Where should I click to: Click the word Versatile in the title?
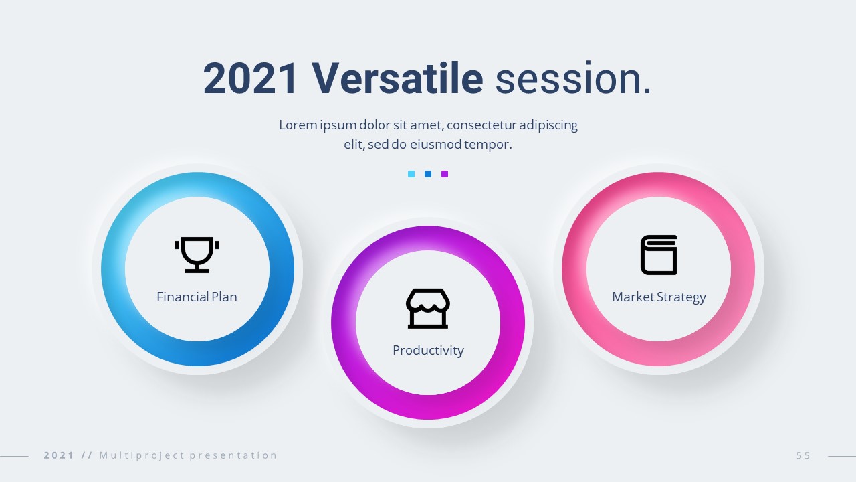pyautogui.click(x=397, y=78)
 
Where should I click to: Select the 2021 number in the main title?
pyautogui.click(x=249, y=78)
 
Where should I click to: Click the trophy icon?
pyautogui.click(x=197, y=255)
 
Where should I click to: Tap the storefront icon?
pyautogui.click(x=428, y=309)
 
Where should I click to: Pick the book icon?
pyautogui.click(x=659, y=255)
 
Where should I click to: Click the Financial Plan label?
pyautogui.click(x=197, y=297)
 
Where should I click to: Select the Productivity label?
pyautogui.click(x=428, y=350)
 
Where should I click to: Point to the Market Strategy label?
pyautogui.click(x=659, y=297)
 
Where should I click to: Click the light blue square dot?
pyautogui.click(x=411, y=174)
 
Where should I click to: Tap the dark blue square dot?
pyautogui.click(x=428, y=174)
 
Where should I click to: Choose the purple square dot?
pyautogui.click(x=445, y=174)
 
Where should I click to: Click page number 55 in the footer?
pyautogui.click(x=803, y=455)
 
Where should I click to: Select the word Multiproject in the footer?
pyautogui.click(x=142, y=455)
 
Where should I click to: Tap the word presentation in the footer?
pyautogui.click(x=233, y=455)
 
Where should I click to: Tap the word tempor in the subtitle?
pyautogui.click(x=488, y=145)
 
